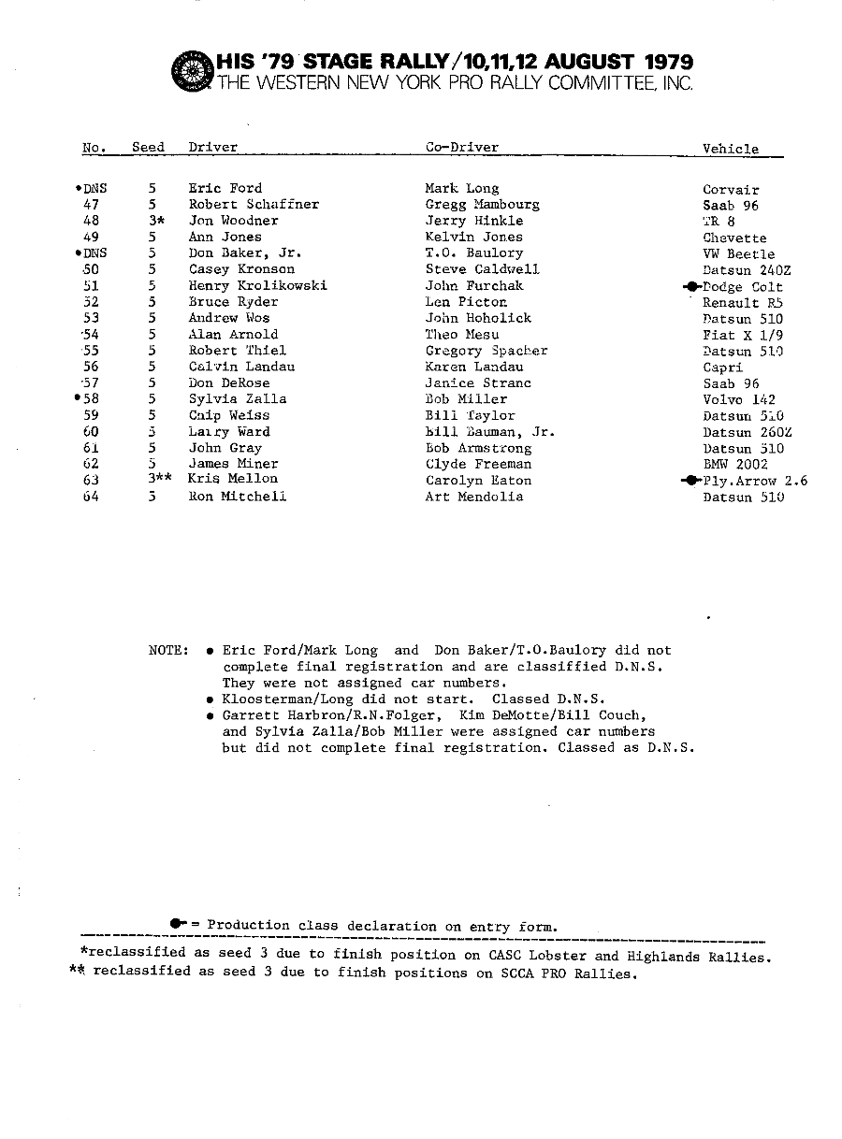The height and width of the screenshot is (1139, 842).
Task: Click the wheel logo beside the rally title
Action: click(x=193, y=69)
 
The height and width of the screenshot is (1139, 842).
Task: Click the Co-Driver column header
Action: click(x=461, y=148)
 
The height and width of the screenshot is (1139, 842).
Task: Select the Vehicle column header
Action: click(x=731, y=149)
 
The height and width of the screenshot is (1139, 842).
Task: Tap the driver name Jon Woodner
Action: click(x=233, y=221)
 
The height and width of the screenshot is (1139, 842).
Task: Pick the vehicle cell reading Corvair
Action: click(x=731, y=190)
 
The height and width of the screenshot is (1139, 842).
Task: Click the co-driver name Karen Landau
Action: click(x=473, y=367)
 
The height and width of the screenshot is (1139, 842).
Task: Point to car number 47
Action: click(x=92, y=205)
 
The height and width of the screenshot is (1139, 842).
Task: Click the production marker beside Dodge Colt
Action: click(x=692, y=287)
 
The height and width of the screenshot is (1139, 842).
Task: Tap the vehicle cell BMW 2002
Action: click(x=735, y=464)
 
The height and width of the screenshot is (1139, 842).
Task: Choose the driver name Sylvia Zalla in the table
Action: click(x=238, y=399)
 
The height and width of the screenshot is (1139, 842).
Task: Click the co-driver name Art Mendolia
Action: click(x=473, y=497)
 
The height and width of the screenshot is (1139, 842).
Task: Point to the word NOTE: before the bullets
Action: click(x=168, y=650)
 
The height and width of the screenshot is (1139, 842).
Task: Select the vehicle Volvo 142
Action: click(x=739, y=399)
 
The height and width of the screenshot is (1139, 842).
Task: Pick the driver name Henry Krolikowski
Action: click(x=257, y=286)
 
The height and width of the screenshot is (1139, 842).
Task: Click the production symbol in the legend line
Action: click(x=178, y=924)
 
